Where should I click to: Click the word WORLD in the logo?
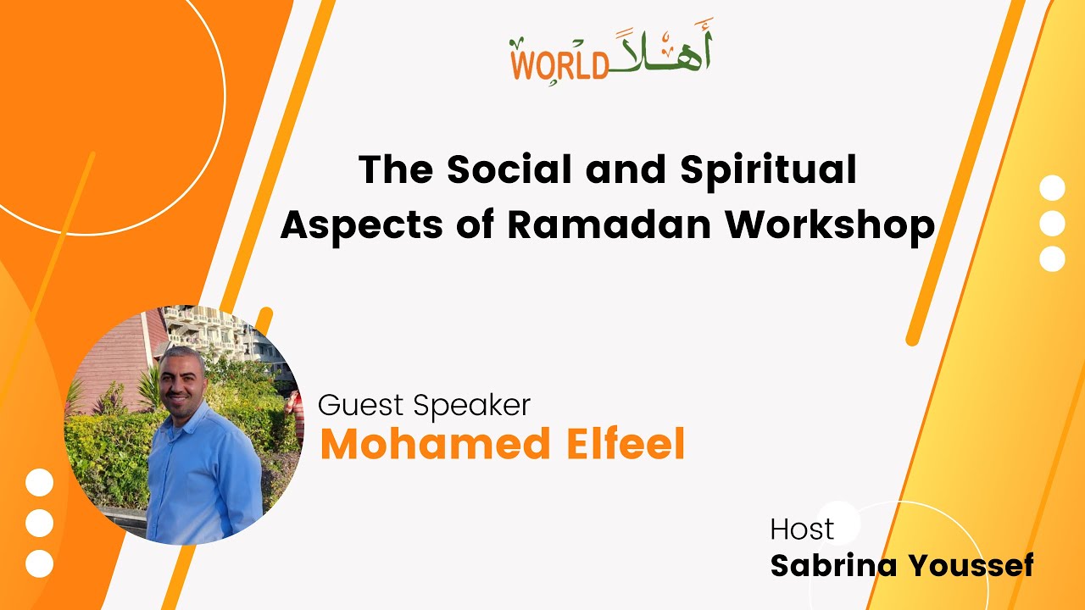(559, 65)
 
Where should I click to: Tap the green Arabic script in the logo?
(661, 55)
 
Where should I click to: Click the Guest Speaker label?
(424, 405)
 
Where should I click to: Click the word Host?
(802, 530)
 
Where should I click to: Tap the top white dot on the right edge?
(1052, 188)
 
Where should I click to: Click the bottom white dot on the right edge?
(1052, 258)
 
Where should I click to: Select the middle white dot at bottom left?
(39, 524)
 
